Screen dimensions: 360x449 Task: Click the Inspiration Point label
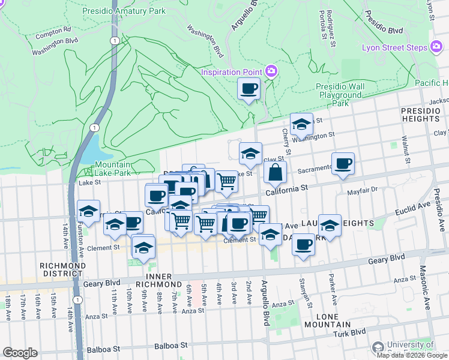pyautogui.click(x=232, y=72)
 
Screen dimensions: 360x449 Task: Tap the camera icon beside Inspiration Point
pyautogui.click(x=271, y=72)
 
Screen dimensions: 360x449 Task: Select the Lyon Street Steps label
pyautogui.click(x=394, y=47)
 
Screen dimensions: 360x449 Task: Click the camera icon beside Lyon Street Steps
pyautogui.click(x=436, y=47)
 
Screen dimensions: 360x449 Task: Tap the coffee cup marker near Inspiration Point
pyautogui.click(x=249, y=89)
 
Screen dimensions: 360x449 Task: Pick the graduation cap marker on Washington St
pyautogui.click(x=301, y=125)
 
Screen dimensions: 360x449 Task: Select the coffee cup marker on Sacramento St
pyautogui.click(x=343, y=164)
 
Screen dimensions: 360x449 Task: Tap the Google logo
pyautogui.click(x=20, y=352)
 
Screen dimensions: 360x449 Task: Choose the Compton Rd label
pyautogui.click(x=53, y=29)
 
